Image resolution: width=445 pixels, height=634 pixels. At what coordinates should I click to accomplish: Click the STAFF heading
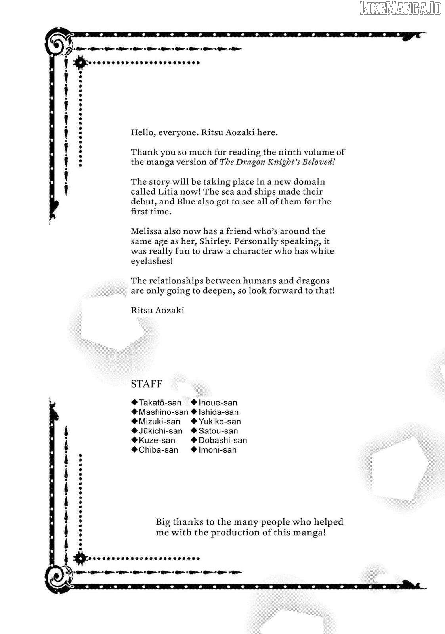146,384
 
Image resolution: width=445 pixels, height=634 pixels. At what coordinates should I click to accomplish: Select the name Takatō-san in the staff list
160,403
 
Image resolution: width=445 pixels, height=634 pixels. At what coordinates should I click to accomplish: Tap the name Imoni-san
218,450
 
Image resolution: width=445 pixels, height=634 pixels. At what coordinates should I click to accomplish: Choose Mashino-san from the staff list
163,412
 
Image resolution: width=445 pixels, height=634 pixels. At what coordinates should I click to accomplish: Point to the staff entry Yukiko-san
220,422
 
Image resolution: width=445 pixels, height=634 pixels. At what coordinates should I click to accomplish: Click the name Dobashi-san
223,440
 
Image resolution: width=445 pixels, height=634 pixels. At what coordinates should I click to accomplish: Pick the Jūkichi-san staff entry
160,431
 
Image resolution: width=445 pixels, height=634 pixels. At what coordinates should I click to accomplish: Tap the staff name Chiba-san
158,450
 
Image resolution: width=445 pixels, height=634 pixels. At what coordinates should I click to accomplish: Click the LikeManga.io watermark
400,9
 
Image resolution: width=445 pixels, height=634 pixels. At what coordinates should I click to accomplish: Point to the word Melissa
146,231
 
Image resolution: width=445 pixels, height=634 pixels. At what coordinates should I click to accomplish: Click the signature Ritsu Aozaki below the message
157,310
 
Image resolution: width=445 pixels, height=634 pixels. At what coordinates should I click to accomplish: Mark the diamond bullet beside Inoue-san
194,403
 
